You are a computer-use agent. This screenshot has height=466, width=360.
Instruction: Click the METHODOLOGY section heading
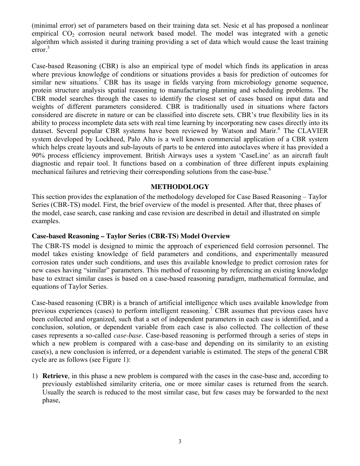click(x=180, y=187)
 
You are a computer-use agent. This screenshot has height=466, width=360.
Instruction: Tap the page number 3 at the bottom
click(x=180, y=441)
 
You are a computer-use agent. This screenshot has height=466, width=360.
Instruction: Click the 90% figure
click(x=38, y=155)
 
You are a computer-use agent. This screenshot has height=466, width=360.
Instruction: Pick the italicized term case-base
click(x=126, y=335)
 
